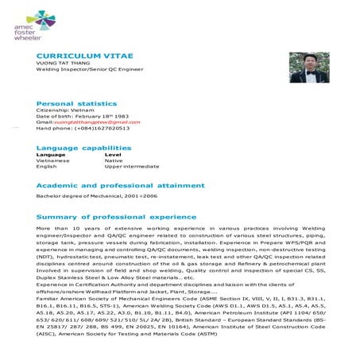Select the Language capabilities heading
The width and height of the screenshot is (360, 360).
[x=84, y=148]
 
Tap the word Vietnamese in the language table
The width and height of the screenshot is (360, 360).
[x=52, y=161]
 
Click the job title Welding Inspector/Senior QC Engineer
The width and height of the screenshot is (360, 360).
[x=90, y=70]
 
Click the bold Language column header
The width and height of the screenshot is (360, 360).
[x=50, y=155]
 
